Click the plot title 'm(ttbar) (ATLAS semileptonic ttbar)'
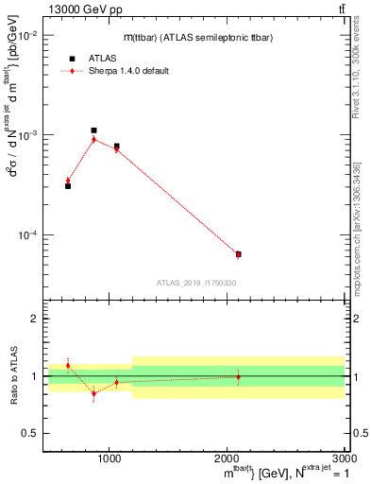[x=199, y=38]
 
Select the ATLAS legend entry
[x=90, y=58]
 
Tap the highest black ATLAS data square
[x=93, y=130]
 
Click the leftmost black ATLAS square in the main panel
[x=68, y=186]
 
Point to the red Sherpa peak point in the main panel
[x=93, y=139]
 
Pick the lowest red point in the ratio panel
[x=93, y=393]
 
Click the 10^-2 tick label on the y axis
[x=27, y=35]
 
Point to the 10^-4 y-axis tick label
[x=27, y=234]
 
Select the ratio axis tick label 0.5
[x=31, y=433]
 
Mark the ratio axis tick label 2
[x=36, y=320]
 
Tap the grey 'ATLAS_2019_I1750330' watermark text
[x=196, y=283]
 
